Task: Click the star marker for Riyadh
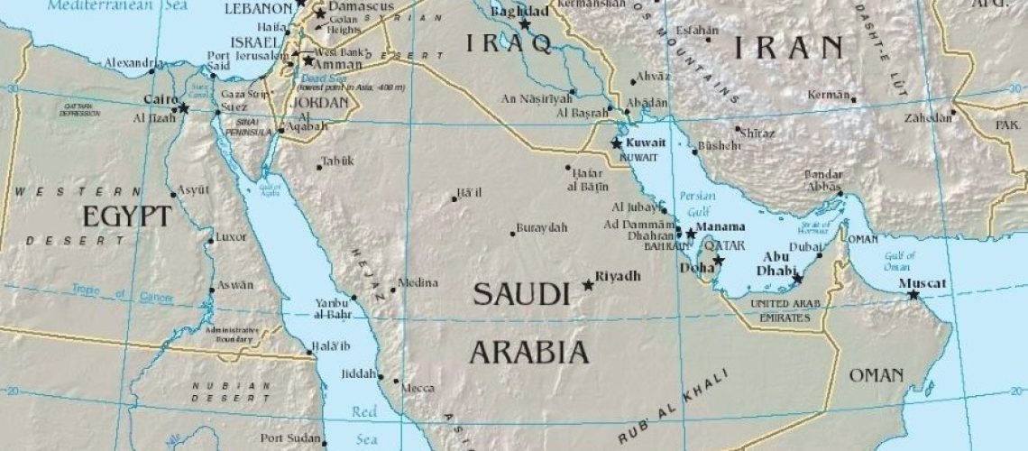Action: click(x=589, y=285)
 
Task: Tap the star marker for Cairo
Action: click(x=184, y=108)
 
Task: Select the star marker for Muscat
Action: click(x=913, y=295)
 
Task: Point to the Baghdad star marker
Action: click(x=525, y=25)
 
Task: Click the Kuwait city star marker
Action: click(x=617, y=143)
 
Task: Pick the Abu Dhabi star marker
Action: click(x=797, y=279)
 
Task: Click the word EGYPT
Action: click(x=126, y=216)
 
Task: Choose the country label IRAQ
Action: click(x=507, y=43)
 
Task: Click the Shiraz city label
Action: click(x=757, y=132)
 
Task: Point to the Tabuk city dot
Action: click(x=319, y=167)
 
